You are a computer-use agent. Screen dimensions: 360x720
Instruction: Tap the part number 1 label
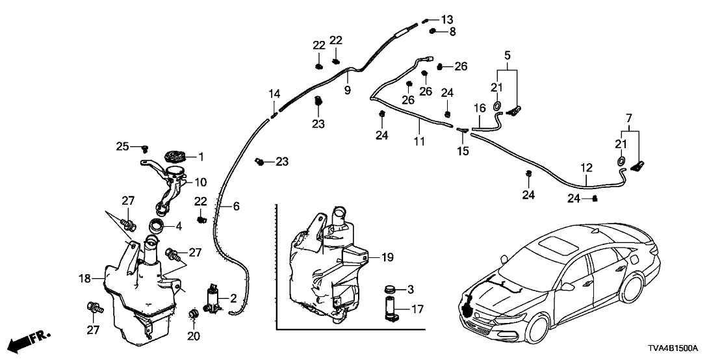[201, 157]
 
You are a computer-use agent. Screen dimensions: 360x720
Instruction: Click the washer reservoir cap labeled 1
[175, 156]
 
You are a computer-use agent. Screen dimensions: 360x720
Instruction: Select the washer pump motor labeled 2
[212, 298]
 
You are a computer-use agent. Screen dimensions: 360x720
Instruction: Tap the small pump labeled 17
[390, 308]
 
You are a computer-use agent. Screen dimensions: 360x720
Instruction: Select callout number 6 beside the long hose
[236, 206]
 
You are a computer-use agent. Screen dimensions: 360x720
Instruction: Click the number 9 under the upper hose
[348, 90]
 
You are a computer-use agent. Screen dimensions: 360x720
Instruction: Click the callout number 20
[193, 336]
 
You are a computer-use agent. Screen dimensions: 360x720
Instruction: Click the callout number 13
[447, 19]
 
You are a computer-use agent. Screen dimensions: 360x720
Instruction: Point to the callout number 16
[479, 108]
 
